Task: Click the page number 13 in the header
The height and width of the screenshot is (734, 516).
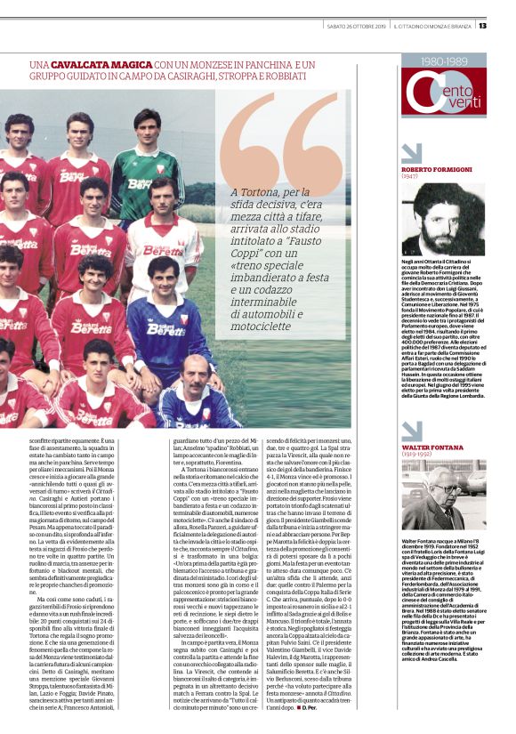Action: [481, 25]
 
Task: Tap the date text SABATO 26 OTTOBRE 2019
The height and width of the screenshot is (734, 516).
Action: [356, 25]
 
